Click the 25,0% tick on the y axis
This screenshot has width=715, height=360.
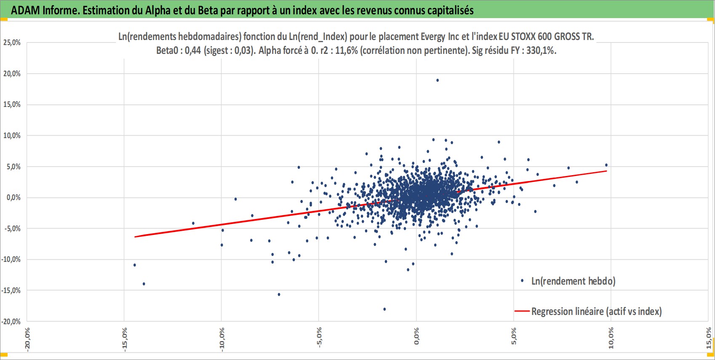[12, 43]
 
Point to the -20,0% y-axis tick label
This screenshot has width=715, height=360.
[11, 321]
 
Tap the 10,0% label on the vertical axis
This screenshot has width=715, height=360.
[12, 136]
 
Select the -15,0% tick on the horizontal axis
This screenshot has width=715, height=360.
[125, 339]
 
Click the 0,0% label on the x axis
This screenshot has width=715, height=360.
[416, 336]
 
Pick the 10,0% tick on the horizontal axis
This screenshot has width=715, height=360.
[611, 338]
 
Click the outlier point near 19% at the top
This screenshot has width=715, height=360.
[438, 80]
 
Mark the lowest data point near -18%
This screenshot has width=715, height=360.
[384, 309]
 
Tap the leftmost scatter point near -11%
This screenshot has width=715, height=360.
[135, 265]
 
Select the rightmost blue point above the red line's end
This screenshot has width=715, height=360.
[606, 165]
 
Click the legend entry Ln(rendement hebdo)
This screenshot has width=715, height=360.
[573, 281]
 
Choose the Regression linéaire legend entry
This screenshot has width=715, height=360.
[596, 311]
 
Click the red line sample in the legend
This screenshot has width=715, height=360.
[522, 311]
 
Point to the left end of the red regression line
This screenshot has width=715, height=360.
[135, 237]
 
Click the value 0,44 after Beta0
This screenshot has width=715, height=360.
[193, 51]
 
